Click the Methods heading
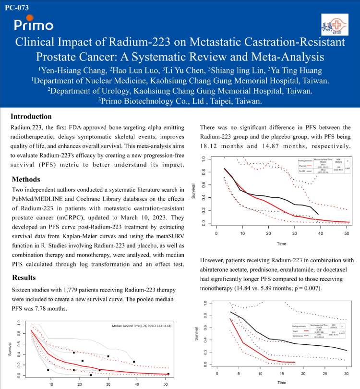coord(26,180)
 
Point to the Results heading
coord(24,278)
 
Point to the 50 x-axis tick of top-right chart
coord(346,232)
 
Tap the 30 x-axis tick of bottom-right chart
coord(346,373)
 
